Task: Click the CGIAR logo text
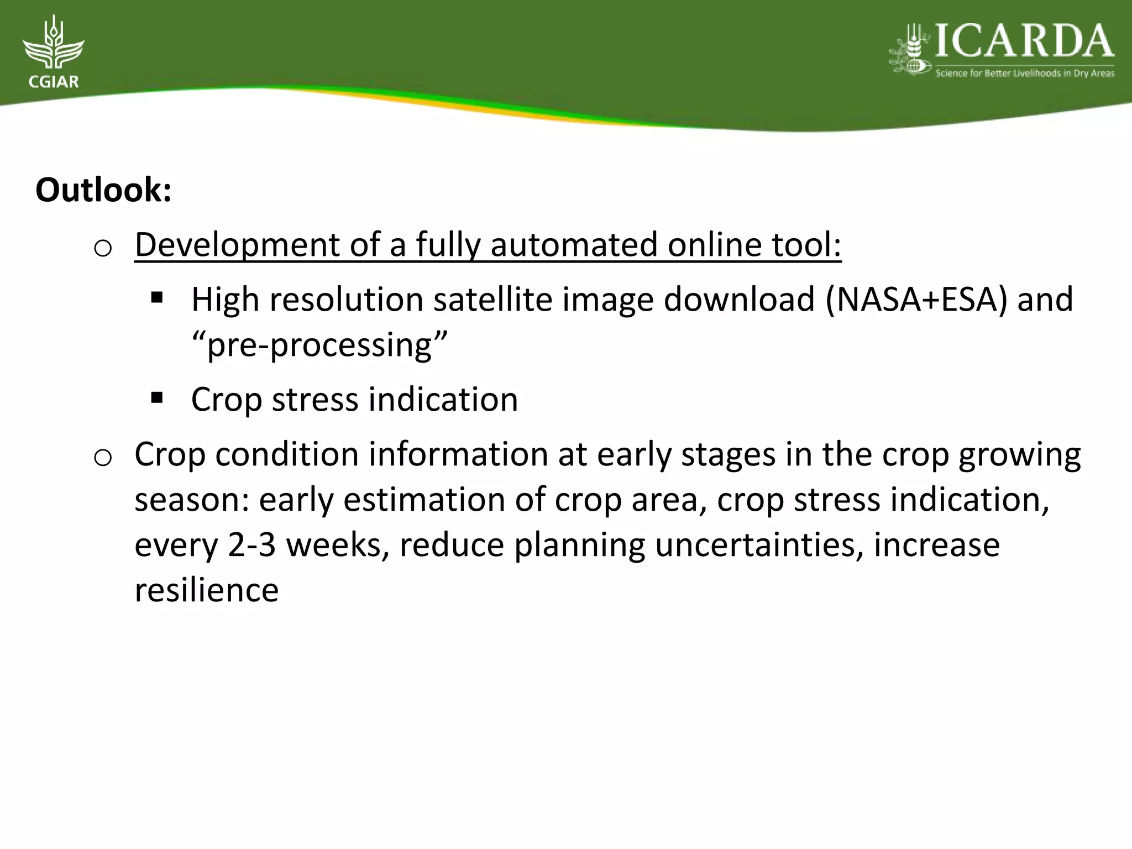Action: pyautogui.click(x=53, y=82)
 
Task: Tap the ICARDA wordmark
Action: pyautogui.click(x=1024, y=42)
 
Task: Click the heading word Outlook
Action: pyautogui.click(x=103, y=190)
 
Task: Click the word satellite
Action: pyautogui.click(x=492, y=299)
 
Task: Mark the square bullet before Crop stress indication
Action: pyautogui.click(x=156, y=397)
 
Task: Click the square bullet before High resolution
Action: pyautogui.click(x=156, y=298)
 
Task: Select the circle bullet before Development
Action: pyautogui.click(x=103, y=249)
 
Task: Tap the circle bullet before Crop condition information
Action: pyautogui.click(x=103, y=458)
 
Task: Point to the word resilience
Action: pyautogui.click(x=206, y=590)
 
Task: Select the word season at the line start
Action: pyautogui.click(x=191, y=500)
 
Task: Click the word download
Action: pyautogui.click(x=739, y=299)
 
